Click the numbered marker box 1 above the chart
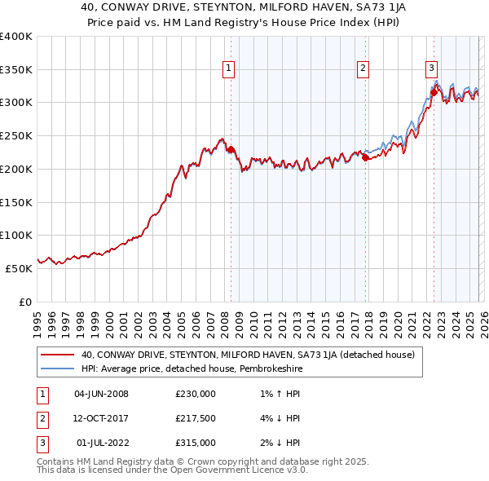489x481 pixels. click(x=229, y=68)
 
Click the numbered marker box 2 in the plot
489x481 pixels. click(x=363, y=68)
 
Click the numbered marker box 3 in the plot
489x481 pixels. click(x=431, y=68)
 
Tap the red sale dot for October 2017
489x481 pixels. click(x=365, y=157)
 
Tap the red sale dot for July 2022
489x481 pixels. click(x=434, y=92)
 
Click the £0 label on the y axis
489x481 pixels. click(x=24, y=302)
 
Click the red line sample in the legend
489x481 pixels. click(x=57, y=355)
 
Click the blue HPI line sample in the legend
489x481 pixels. click(x=57, y=368)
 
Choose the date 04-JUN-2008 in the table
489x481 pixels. click(x=101, y=394)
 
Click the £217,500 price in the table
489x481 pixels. click(x=195, y=418)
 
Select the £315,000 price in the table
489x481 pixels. click(x=195, y=443)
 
